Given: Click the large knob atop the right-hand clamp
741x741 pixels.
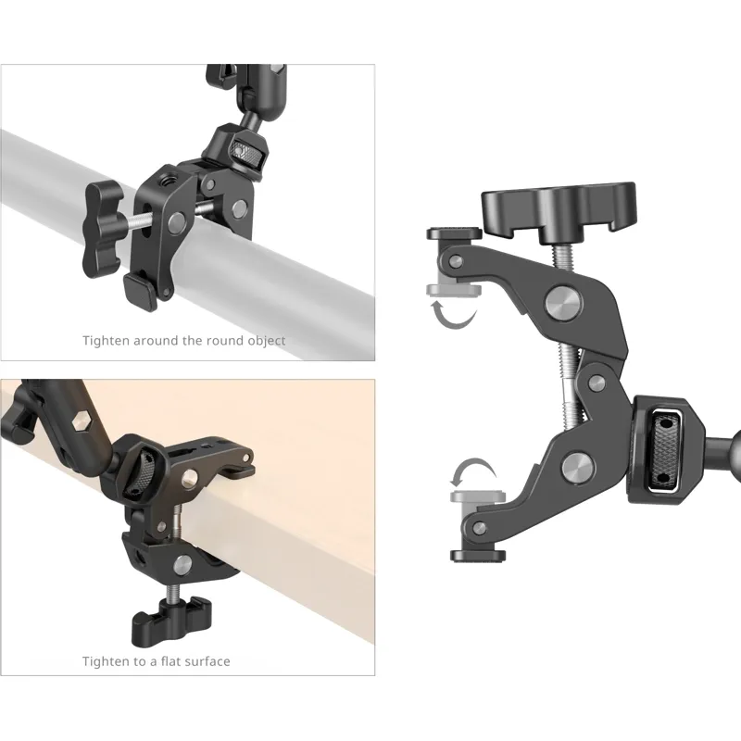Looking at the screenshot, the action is pyautogui.click(x=559, y=211).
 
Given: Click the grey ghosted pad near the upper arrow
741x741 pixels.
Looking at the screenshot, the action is pyautogui.click(x=454, y=289).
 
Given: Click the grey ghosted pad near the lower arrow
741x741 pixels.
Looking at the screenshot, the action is pyautogui.click(x=478, y=496).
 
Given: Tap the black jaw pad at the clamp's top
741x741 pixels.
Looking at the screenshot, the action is pyautogui.click(x=454, y=233).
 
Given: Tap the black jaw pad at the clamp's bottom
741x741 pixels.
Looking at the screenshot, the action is pyautogui.click(x=478, y=556).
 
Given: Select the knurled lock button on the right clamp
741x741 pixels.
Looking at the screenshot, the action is pyautogui.click(x=667, y=449).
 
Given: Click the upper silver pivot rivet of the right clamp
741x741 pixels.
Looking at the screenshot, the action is pyautogui.click(x=564, y=303).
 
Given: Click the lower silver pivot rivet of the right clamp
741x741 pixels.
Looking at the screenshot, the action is pyautogui.click(x=578, y=467).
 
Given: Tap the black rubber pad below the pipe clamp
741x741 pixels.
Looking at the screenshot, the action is pyautogui.click(x=141, y=291).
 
